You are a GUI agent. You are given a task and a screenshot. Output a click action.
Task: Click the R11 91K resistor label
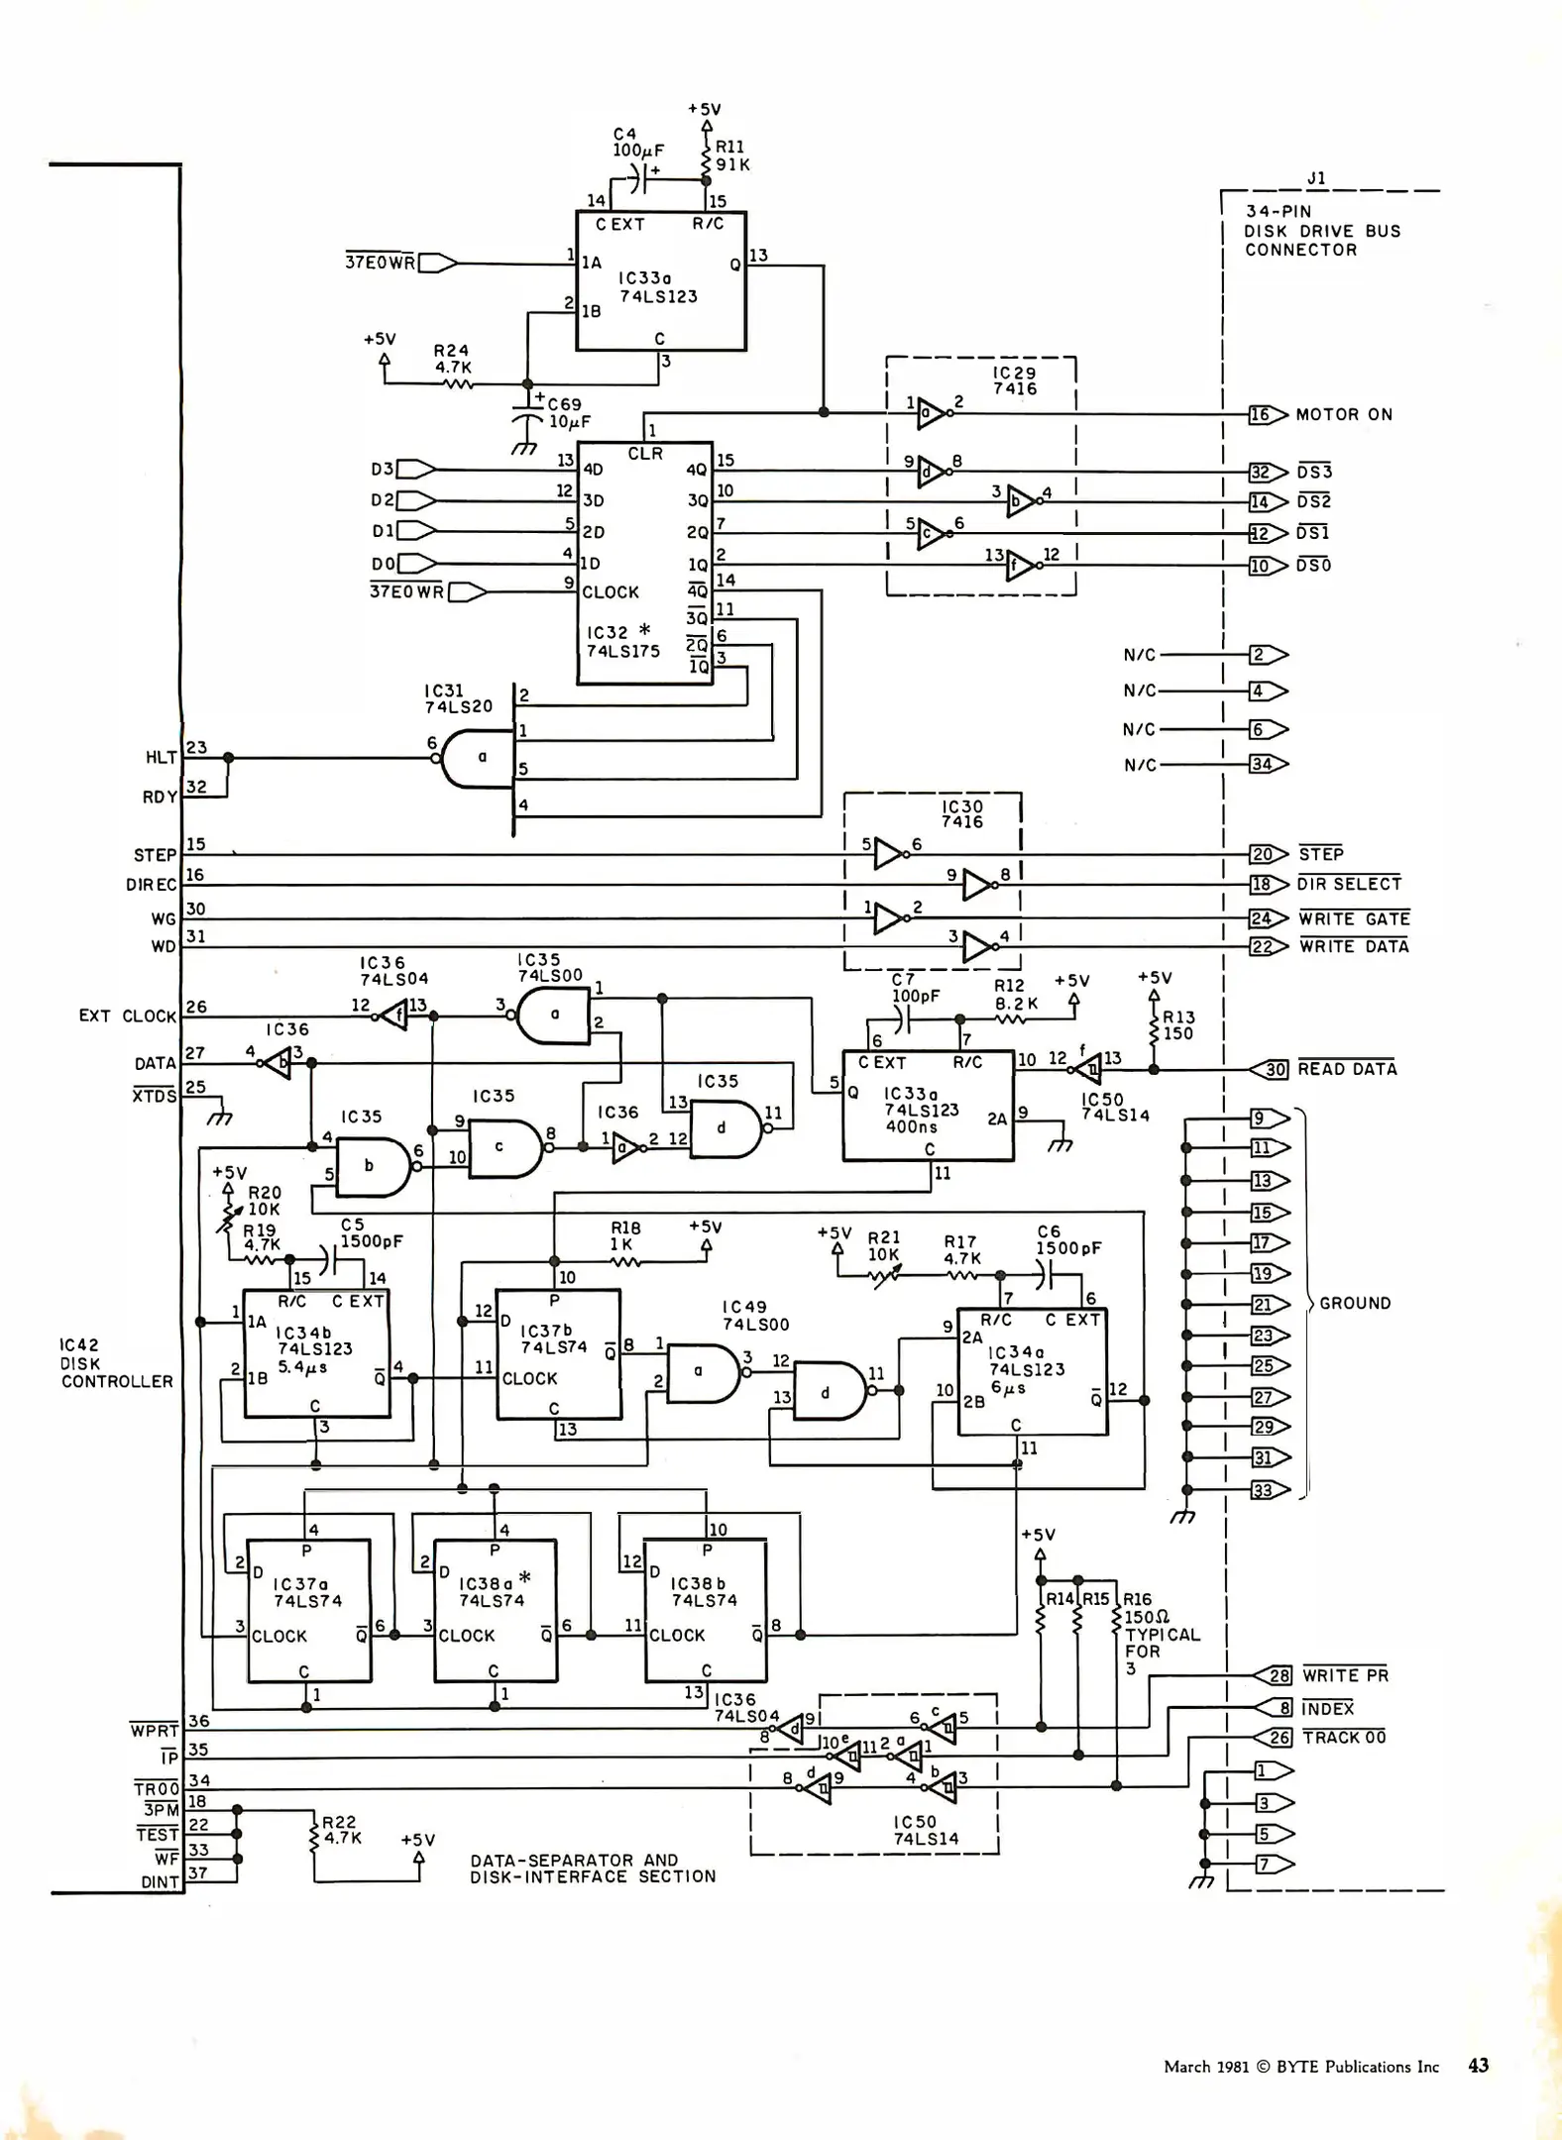click(x=731, y=156)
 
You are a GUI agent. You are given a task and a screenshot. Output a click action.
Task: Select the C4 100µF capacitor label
click(x=637, y=143)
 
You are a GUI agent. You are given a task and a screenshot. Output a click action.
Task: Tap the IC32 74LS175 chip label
click(x=622, y=642)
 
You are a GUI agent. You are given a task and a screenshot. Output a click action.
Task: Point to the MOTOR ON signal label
click(x=1344, y=415)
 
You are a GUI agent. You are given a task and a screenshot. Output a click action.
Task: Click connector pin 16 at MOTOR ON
click(x=1260, y=415)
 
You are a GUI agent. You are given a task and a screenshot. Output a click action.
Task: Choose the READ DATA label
click(x=1347, y=1069)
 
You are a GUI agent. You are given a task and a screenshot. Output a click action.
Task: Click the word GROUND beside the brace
click(x=1355, y=1304)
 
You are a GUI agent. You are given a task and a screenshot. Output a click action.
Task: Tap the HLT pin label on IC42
click(x=161, y=758)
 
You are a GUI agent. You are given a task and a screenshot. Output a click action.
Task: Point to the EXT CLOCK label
click(x=127, y=1016)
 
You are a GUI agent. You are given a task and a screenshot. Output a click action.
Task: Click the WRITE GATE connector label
click(x=1354, y=919)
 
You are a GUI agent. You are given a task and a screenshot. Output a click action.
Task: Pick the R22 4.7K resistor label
click(x=341, y=1830)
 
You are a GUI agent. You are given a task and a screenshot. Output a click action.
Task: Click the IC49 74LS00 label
click(x=755, y=1316)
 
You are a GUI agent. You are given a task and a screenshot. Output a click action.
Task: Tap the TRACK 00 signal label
click(x=1344, y=1738)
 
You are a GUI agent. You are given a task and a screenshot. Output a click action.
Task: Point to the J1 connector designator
click(x=1316, y=178)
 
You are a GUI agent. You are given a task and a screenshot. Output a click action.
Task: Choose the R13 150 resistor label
click(x=1178, y=1025)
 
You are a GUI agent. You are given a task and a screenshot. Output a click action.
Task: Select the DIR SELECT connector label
click(x=1349, y=884)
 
